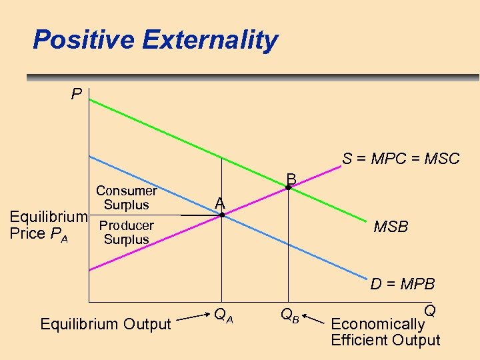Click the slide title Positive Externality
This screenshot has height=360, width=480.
pyautogui.click(x=155, y=40)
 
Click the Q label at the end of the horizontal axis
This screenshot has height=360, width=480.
pyautogui.click(x=430, y=311)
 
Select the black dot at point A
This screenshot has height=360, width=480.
pyautogui.click(x=222, y=215)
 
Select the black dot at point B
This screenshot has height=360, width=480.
pyautogui.click(x=288, y=189)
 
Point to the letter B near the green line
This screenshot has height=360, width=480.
pyautogui.click(x=291, y=179)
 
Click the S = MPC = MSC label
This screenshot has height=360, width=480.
pyautogui.click(x=401, y=159)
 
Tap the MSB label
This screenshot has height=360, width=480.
pyautogui.click(x=391, y=227)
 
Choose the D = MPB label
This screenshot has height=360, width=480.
pyautogui.click(x=403, y=284)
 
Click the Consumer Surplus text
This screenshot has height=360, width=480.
pyautogui.click(x=126, y=198)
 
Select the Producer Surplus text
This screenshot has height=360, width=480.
pyautogui.click(x=126, y=233)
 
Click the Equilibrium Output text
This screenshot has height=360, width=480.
pyautogui.click(x=106, y=324)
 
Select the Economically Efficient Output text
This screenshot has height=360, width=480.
pyautogui.click(x=385, y=332)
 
